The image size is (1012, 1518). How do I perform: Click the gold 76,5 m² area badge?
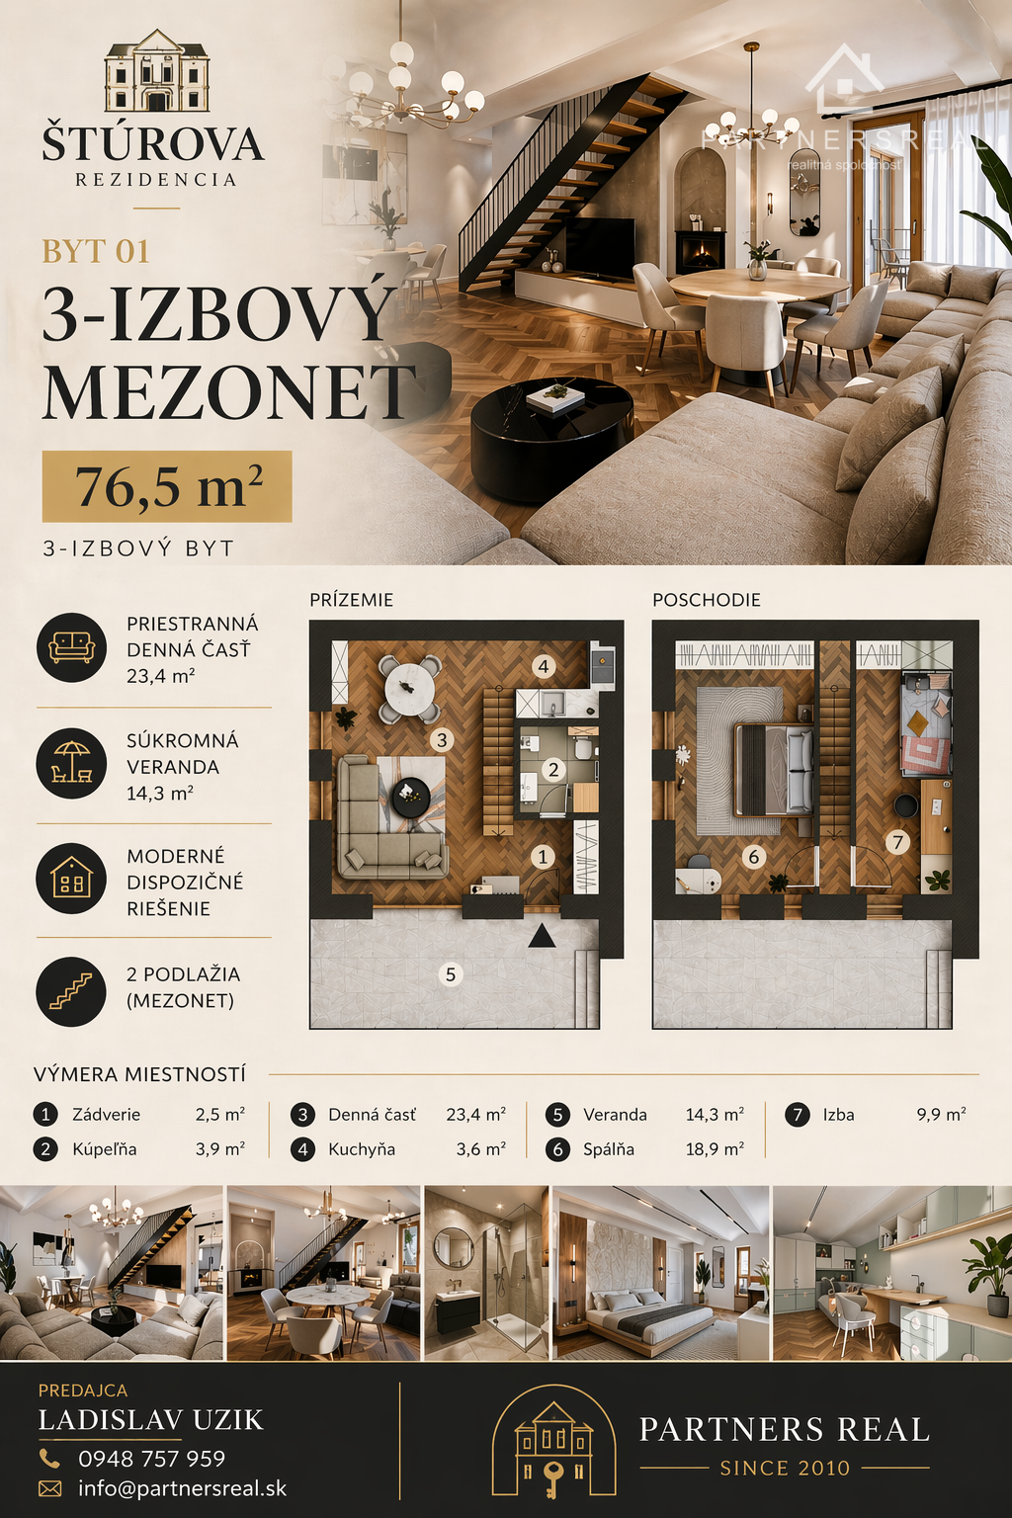[x=167, y=486]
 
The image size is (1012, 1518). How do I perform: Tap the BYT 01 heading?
[x=96, y=251]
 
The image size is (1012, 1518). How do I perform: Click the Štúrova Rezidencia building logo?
[x=156, y=70]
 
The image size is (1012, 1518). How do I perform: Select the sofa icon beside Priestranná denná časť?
[x=71, y=647]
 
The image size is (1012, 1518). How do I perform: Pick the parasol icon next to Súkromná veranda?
[x=71, y=764]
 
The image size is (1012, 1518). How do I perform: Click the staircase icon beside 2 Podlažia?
[x=71, y=991]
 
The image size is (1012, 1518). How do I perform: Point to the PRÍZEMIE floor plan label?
[x=351, y=600]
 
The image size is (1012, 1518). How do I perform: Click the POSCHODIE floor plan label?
[x=707, y=600]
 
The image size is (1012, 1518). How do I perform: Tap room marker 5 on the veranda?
[x=451, y=974]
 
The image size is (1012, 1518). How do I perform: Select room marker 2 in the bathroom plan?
[x=553, y=769]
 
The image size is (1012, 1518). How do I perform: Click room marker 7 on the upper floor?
[x=898, y=842]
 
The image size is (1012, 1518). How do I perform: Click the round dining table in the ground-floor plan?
[x=410, y=689]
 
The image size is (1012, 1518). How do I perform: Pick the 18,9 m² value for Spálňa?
[x=715, y=1148]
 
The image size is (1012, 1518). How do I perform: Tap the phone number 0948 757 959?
[x=152, y=1459]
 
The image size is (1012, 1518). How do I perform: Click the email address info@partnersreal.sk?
[x=182, y=1489]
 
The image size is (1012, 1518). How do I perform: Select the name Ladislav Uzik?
[x=150, y=1420]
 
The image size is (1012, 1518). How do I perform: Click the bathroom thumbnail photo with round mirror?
[x=486, y=1273]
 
